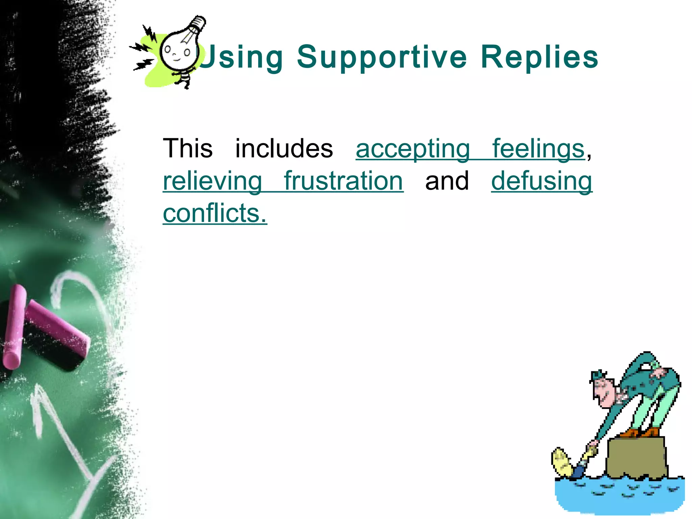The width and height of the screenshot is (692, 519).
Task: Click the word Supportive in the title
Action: point(382,57)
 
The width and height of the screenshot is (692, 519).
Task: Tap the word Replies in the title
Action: point(539,57)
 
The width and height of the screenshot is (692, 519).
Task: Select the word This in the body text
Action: point(188,149)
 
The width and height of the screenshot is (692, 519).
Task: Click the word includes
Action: point(284,149)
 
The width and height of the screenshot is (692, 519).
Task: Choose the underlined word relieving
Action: point(212,181)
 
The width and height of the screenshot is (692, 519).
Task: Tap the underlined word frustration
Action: point(343,181)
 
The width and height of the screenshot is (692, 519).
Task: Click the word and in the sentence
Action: point(447,181)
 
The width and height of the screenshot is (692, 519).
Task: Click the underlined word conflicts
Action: point(215,214)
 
